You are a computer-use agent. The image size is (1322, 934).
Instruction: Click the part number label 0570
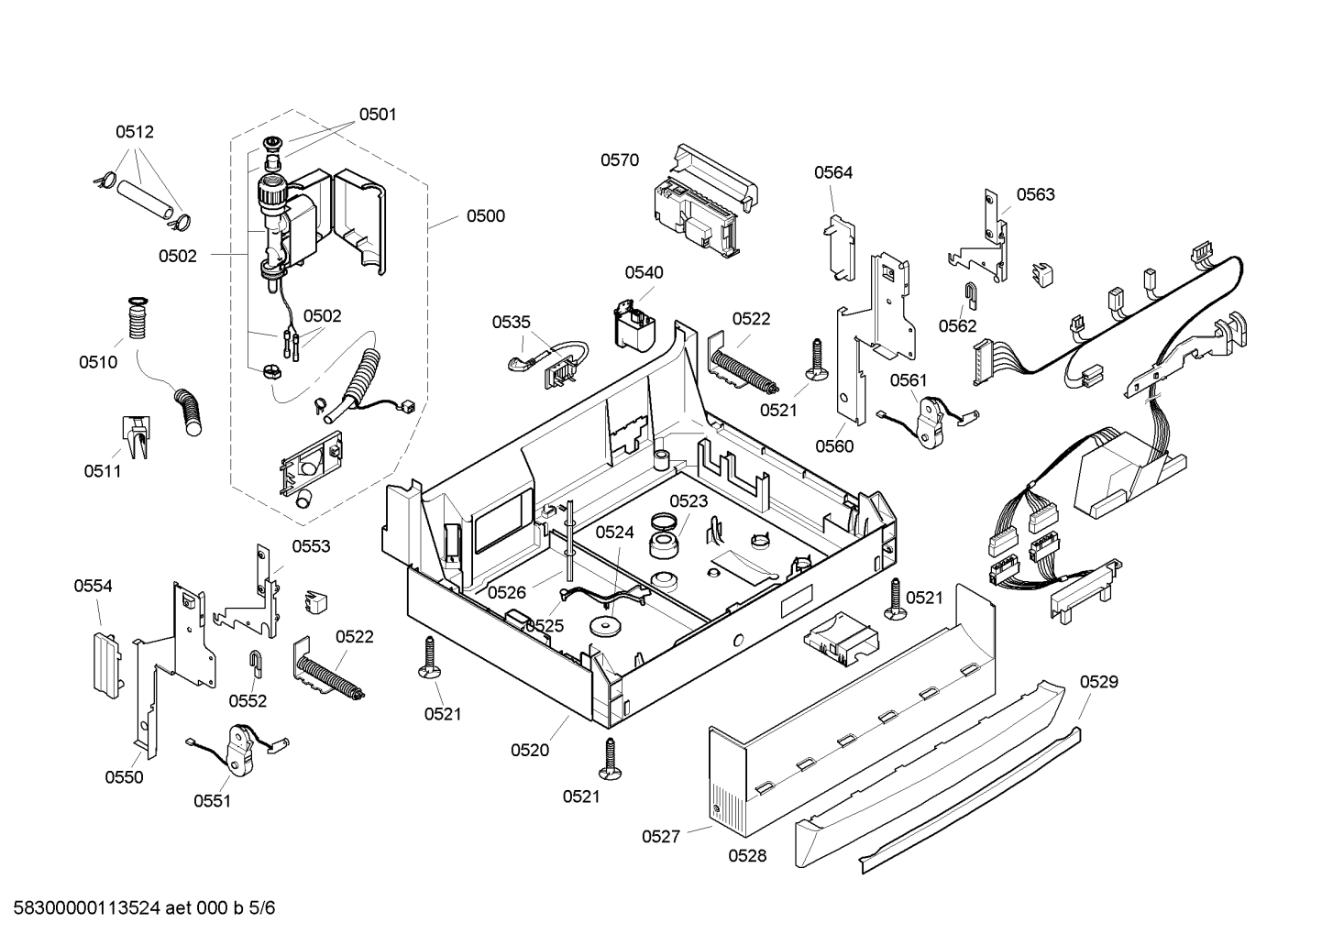click(x=620, y=159)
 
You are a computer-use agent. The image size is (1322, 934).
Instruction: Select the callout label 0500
click(x=486, y=216)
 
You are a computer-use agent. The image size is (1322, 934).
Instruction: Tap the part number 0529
click(x=1099, y=681)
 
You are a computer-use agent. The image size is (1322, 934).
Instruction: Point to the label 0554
click(x=93, y=586)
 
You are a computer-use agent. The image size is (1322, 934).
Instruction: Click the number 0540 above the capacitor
click(x=644, y=272)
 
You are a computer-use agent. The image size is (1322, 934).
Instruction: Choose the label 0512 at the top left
click(x=135, y=132)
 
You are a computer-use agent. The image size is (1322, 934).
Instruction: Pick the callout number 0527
click(x=661, y=836)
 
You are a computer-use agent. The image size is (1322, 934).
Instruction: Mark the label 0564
click(x=833, y=172)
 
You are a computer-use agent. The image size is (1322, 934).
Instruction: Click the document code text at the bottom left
click(x=144, y=907)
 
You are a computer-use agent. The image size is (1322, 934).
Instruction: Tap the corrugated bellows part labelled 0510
click(x=137, y=319)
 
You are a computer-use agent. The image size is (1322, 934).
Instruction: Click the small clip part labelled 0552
click(x=255, y=663)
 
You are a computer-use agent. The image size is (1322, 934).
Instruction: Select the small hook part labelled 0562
click(x=970, y=294)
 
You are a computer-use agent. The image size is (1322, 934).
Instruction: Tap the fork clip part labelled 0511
click(x=137, y=436)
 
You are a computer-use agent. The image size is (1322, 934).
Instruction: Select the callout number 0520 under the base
click(x=530, y=750)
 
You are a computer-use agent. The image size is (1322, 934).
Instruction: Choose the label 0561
click(x=909, y=380)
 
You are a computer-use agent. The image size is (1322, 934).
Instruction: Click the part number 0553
click(x=311, y=546)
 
